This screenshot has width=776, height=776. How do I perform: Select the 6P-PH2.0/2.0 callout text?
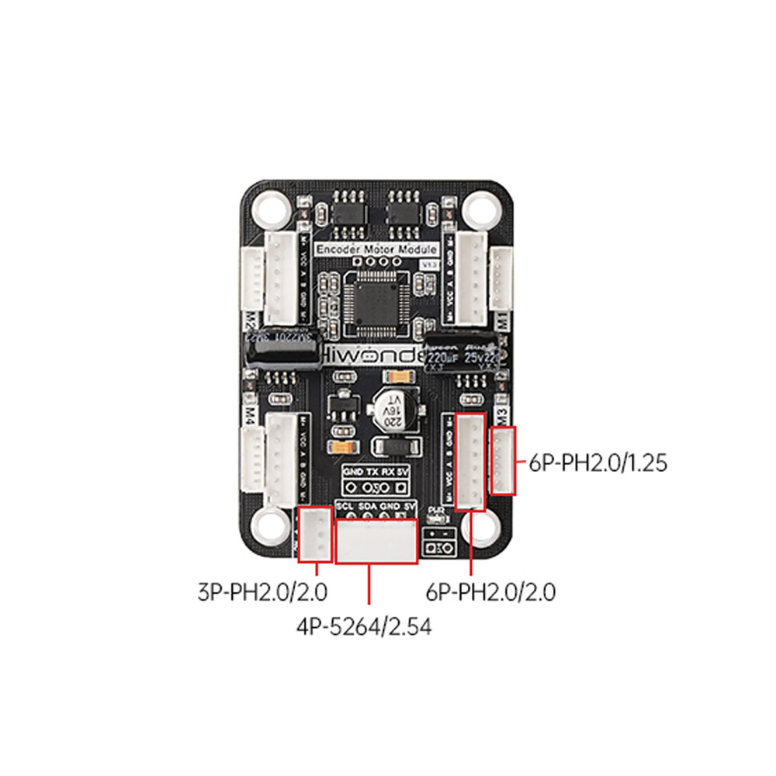(490, 593)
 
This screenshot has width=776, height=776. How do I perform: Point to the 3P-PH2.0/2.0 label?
(263, 593)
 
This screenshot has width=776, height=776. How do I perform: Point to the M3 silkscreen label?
(502, 415)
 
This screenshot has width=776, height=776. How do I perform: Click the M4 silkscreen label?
(251, 414)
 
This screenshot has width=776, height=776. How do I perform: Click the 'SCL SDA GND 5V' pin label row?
(377, 506)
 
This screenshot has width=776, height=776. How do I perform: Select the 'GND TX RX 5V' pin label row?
(377, 472)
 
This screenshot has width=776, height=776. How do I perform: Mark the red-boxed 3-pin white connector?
(315, 534)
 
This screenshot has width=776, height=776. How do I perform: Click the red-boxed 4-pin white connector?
(377, 540)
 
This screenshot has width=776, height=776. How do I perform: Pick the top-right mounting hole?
(481, 206)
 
